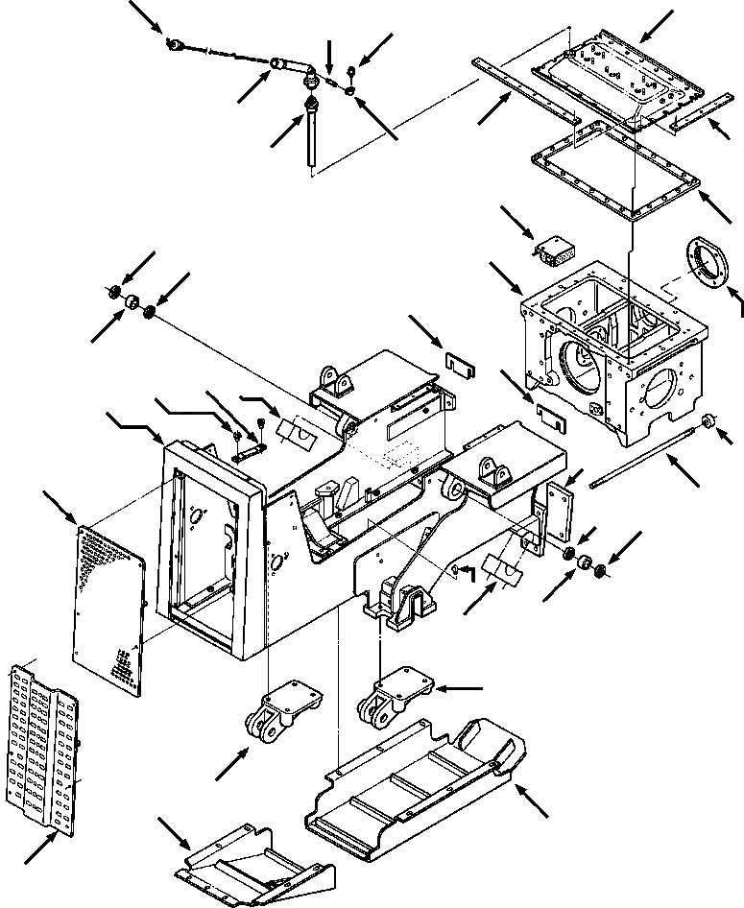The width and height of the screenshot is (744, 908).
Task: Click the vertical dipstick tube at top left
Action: pos(311,134)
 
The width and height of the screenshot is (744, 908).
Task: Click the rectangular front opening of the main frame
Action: pos(206,547)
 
